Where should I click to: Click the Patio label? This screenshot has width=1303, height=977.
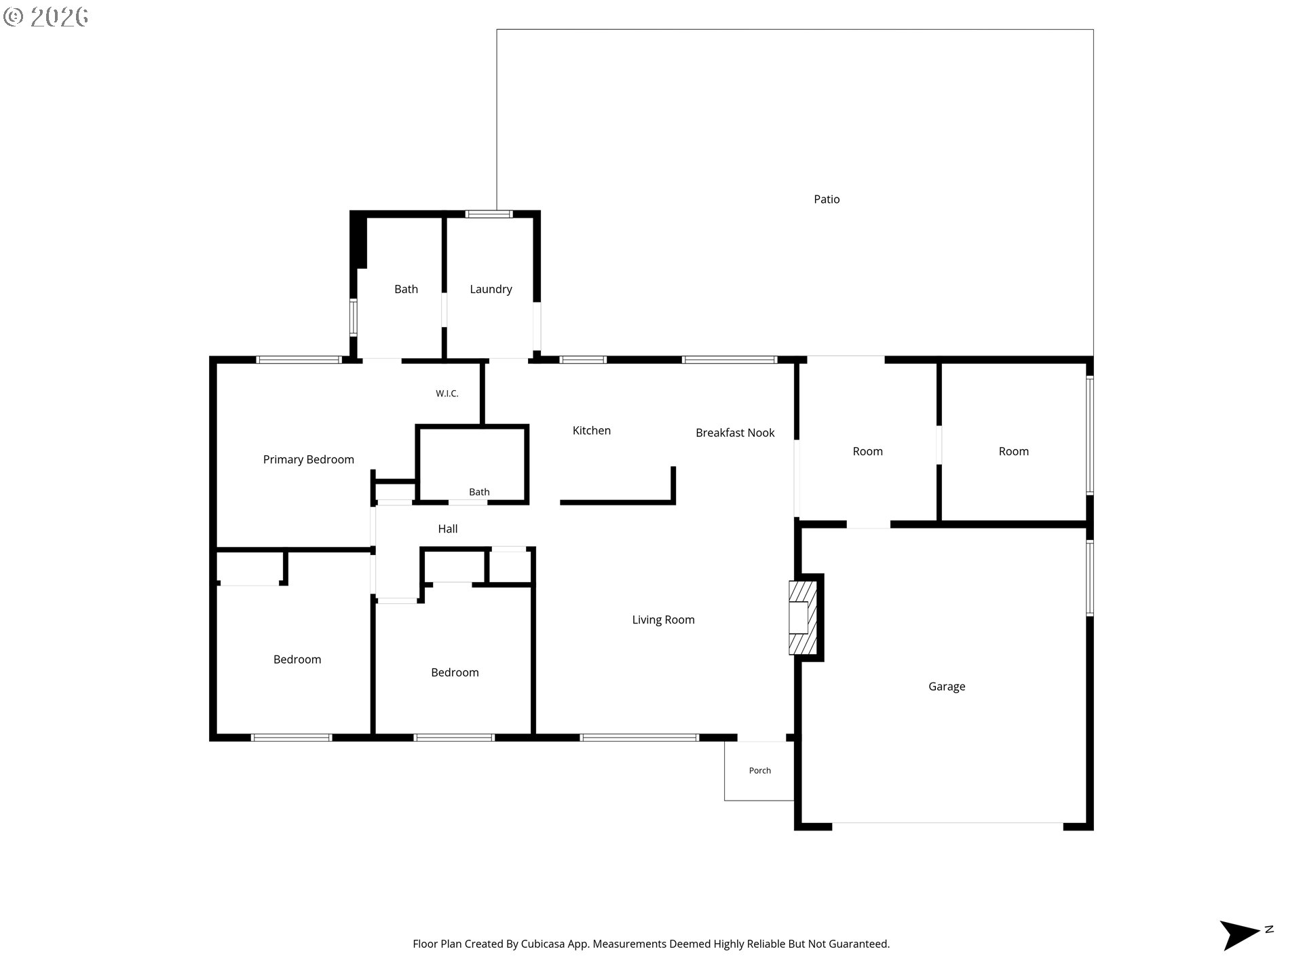(827, 199)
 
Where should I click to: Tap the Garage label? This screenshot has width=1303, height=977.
(947, 687)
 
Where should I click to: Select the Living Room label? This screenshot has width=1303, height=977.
(663, 619)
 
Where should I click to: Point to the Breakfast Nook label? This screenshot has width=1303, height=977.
(735, 433)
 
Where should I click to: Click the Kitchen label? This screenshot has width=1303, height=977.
(592, 430)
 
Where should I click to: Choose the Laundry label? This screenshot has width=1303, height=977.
(491, 290)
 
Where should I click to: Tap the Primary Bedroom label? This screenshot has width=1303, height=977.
(309, 460)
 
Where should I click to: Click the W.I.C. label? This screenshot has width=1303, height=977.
(447, 394)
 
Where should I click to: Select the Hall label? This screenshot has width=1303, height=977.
(448, 529)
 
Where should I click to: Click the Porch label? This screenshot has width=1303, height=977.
(760, 771)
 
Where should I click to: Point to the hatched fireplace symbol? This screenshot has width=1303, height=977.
(803, 617)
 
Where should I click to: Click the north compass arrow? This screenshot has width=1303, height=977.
(1241, 935)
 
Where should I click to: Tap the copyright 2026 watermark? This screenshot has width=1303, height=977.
(45, 17)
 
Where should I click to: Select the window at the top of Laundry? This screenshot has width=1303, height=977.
(489, 214)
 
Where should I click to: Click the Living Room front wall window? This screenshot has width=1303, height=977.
(639, 737)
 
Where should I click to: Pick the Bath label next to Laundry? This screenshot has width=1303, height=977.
(407, 289)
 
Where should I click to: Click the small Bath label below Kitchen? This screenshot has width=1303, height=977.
(479, 492)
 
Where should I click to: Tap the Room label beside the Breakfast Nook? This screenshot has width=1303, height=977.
(868, 451)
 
